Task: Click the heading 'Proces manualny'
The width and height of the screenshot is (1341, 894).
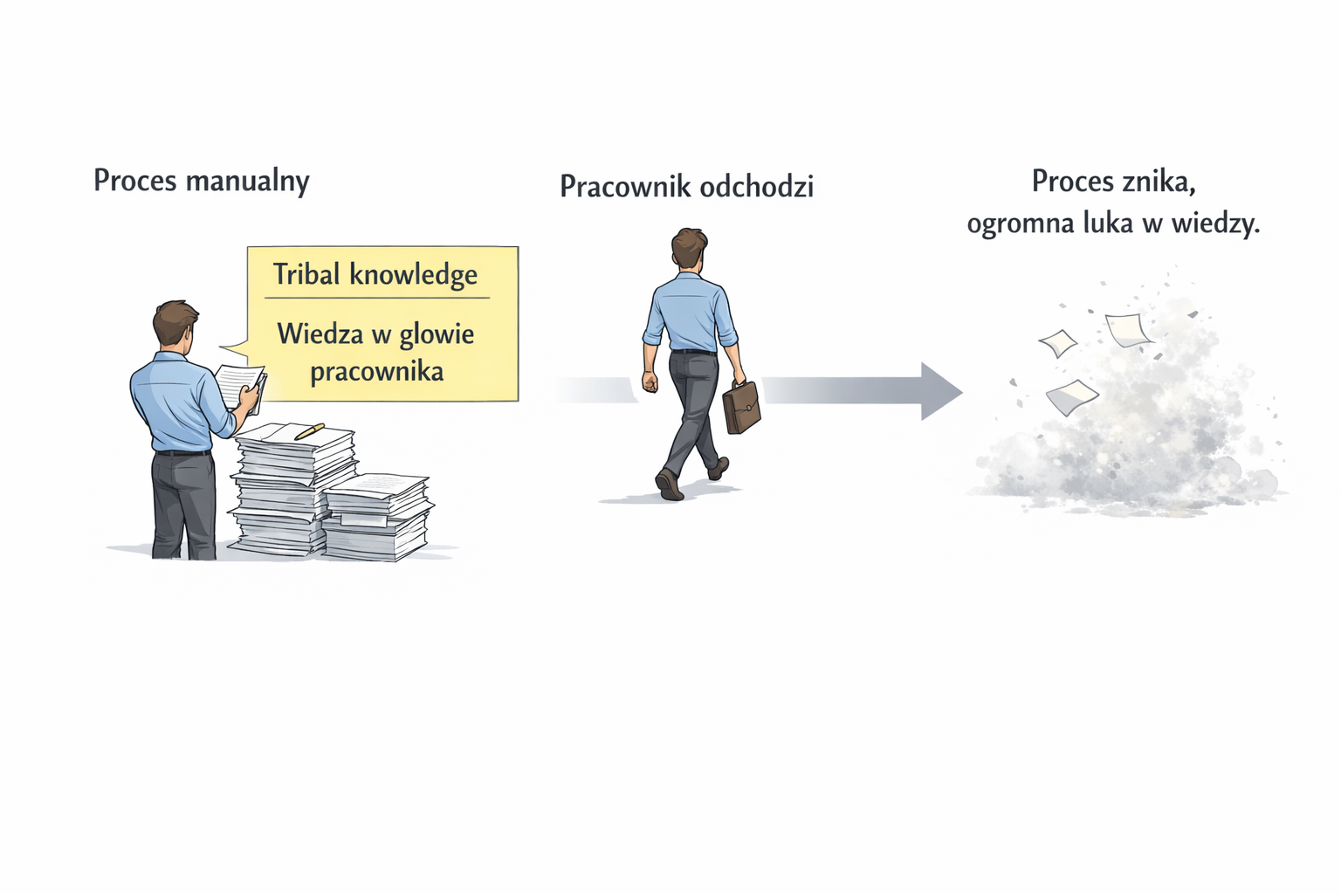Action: click(201, 182)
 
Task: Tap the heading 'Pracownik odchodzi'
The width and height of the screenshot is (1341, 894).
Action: click(686, 187)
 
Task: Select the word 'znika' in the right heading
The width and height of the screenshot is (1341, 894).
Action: click(1160, 182)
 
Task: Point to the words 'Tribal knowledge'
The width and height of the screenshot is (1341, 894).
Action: click(375, 275)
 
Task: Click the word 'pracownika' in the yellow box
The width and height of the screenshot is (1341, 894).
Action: click(376, 372)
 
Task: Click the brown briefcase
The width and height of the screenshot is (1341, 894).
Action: click(740, 407)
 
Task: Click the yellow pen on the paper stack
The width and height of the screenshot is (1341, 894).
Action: click(309, 431)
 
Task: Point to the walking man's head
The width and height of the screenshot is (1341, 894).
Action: click(689, 247)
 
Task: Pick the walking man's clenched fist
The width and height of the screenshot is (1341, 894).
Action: click(649, 382)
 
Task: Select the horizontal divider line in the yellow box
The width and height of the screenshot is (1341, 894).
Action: click(376, 299)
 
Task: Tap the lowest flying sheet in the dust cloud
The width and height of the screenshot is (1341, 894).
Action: click(1070, 396)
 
